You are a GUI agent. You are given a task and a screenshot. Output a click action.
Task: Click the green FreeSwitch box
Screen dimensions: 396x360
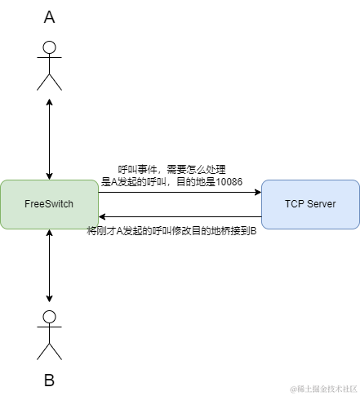coord(49,204)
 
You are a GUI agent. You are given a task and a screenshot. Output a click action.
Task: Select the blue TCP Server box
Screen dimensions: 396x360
coord(310,204)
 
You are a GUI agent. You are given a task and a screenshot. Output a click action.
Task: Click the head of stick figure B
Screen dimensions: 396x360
coord(50,318)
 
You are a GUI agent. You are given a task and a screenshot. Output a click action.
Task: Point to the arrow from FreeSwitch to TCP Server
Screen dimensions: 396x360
coord(180,193)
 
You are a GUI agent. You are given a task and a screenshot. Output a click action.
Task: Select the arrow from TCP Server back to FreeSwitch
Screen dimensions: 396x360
coord(180,216)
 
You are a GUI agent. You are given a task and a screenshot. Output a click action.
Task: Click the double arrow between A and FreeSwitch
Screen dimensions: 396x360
coord(50,139)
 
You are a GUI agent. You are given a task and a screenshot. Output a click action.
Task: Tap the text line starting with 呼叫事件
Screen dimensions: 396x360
coord(177,170)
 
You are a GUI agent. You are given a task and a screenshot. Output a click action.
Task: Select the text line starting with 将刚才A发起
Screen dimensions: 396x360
coord(172,230)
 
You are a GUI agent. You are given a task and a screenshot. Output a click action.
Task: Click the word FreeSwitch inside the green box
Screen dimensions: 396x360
coord(49,204)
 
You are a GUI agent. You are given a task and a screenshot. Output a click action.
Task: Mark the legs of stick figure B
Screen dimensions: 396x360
coord(50,351)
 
